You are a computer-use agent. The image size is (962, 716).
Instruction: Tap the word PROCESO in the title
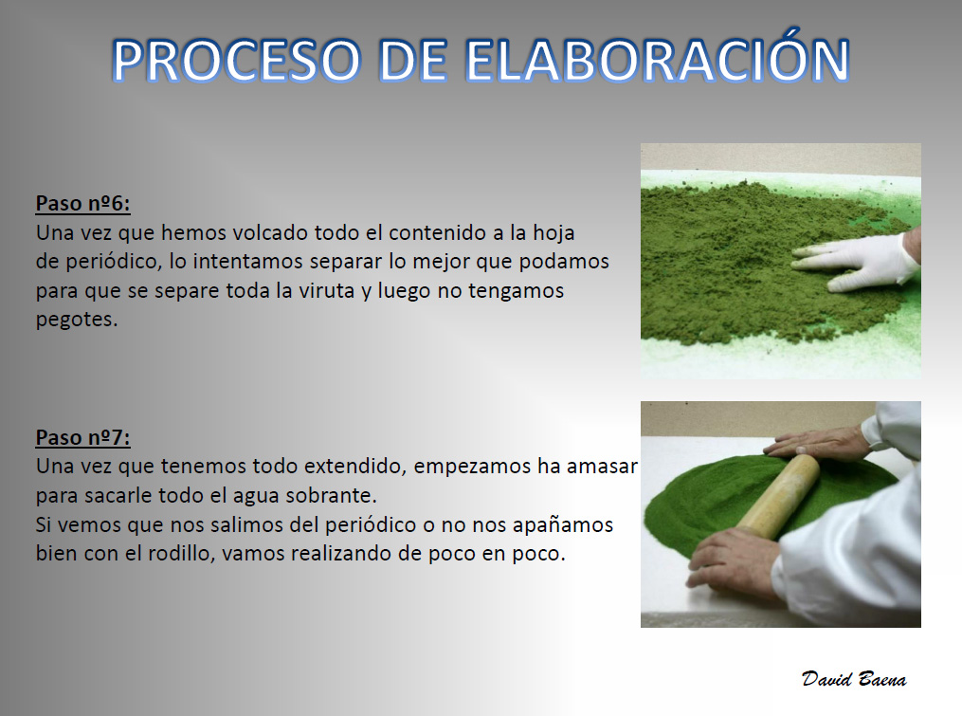click(x=236, y=60)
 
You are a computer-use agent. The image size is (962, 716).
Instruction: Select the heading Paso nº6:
click(x=82, y=203)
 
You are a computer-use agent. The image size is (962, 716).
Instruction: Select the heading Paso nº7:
click(x=82, y=437)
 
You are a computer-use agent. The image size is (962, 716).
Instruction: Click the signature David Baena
click(x=854, y=679)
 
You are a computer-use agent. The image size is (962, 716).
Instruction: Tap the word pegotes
click(x=77, y=320)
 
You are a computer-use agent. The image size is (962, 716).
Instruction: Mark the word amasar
click(x=602, y=467)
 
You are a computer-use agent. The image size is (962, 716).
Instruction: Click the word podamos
click(x=564, y=262)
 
